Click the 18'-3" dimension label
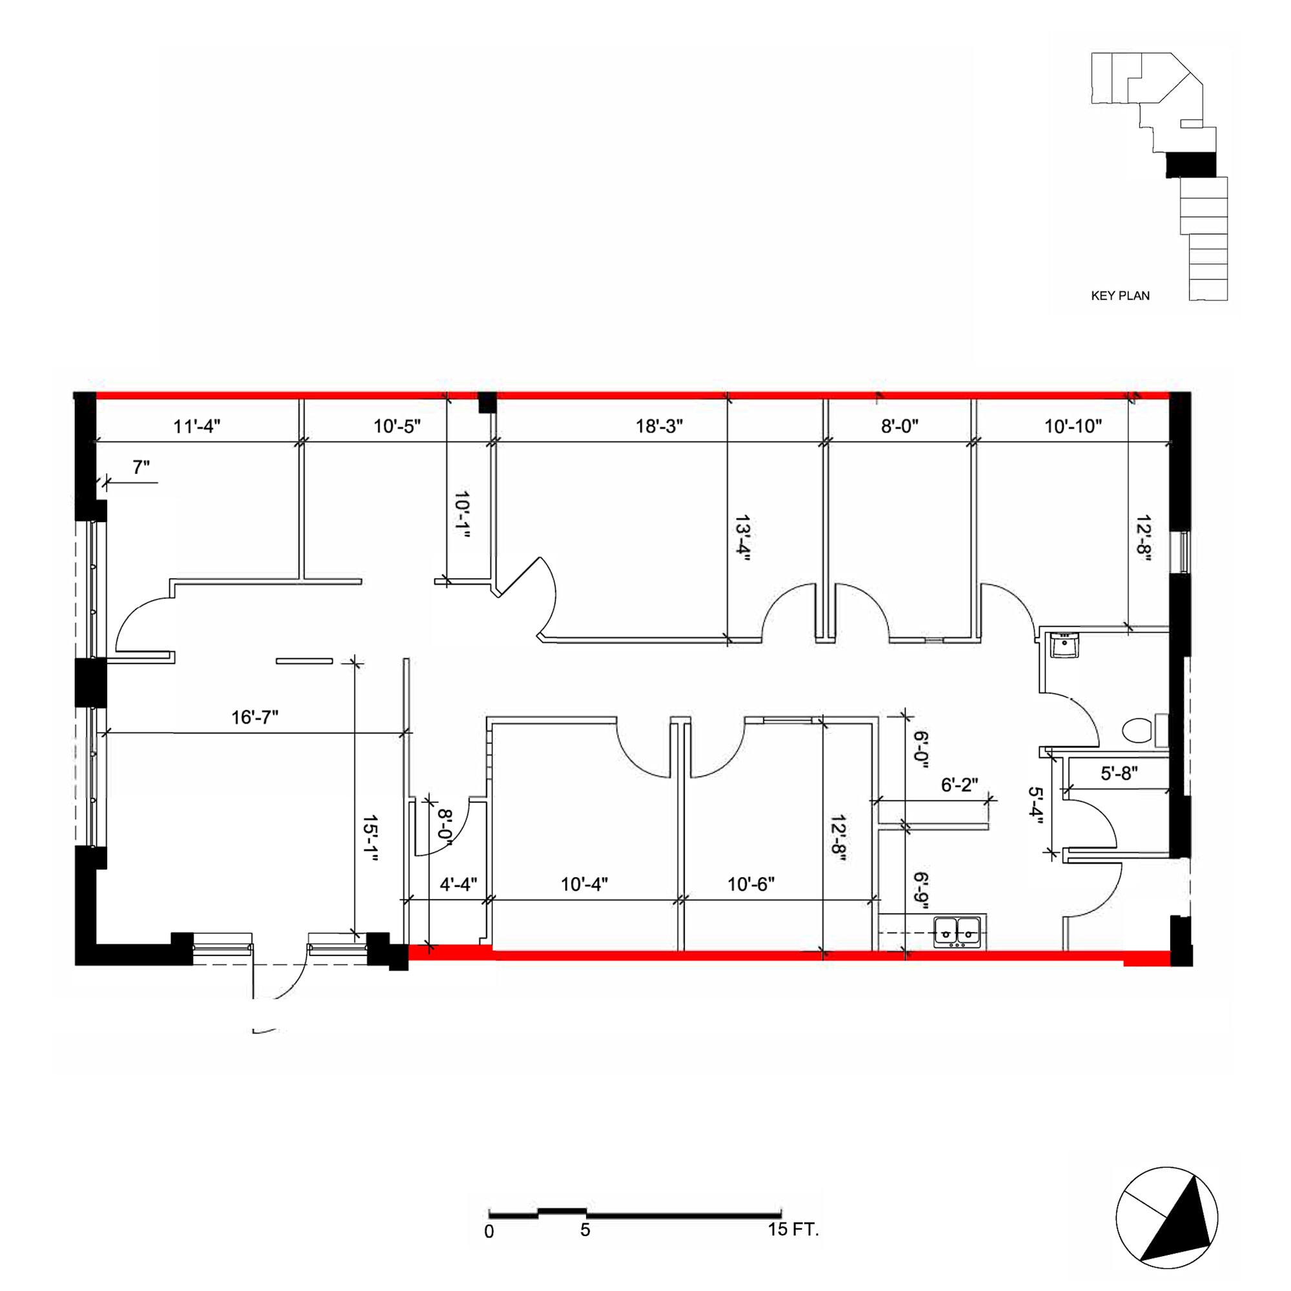659,425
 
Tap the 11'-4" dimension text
196,425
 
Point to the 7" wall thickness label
141,468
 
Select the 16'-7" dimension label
254,718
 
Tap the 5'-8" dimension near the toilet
1119,773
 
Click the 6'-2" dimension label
960,784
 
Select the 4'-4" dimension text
458,884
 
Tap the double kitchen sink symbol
957,931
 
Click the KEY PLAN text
1120,296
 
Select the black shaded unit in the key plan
1190,165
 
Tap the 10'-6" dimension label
751,884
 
